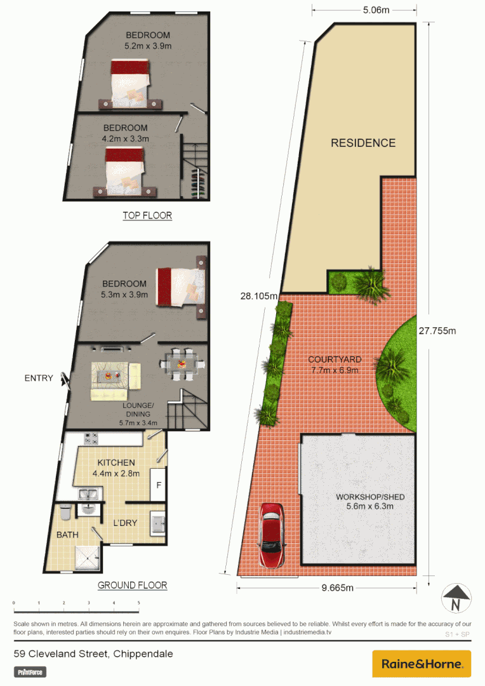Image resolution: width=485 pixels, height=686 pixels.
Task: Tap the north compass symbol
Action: (456, 598)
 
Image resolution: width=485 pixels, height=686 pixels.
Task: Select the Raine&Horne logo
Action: (422, 664)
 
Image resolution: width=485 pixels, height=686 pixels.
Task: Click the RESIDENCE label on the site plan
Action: (363, 143)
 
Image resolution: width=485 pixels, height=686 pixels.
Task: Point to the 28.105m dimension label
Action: (259, 295)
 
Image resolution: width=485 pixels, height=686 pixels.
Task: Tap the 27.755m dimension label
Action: (437, 330)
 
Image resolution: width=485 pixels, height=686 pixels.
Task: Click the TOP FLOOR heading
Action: (147, 216)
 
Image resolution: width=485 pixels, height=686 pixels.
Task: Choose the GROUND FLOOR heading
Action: (133, 585)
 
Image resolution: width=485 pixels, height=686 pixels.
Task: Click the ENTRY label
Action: (39, 378)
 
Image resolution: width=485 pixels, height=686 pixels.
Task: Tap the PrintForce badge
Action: (30, 671)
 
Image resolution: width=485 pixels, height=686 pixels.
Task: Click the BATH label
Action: (67, 535)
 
